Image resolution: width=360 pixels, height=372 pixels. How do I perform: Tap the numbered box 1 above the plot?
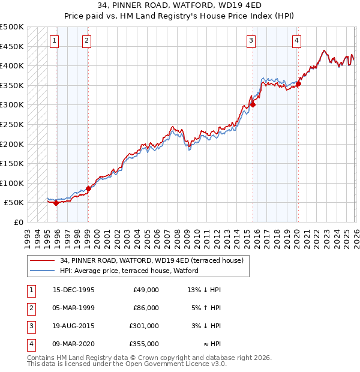[x=55, y=41]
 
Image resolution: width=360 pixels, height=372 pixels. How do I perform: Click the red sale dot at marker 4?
[x=298, y=84]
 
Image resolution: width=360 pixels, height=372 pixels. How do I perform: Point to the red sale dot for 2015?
[x=253, y=104]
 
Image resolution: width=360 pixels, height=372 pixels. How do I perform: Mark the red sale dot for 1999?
[x=88, y=188]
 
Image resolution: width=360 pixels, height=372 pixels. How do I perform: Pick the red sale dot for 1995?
[x=56, y=203]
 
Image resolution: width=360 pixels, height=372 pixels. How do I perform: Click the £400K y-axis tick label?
[x=12, y=65]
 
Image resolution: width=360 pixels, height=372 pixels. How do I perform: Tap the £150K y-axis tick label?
[x=12, y=163]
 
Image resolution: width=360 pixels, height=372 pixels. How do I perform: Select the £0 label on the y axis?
[x=18, y=222]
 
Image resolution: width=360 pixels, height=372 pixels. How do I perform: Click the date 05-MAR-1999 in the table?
[x=74, y=308]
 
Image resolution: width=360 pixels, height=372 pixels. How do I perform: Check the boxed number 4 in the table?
[x=31, y=344]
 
